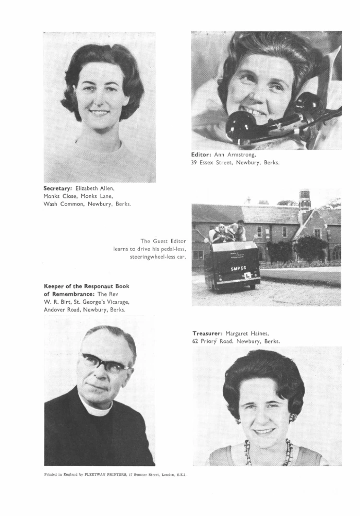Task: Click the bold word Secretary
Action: (58, 187)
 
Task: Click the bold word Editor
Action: (201, 154)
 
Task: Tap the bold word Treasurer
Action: (207, 333)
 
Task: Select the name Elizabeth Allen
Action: (95, 187)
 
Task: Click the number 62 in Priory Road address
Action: (196, 341)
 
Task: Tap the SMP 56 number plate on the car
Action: (238, 269)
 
